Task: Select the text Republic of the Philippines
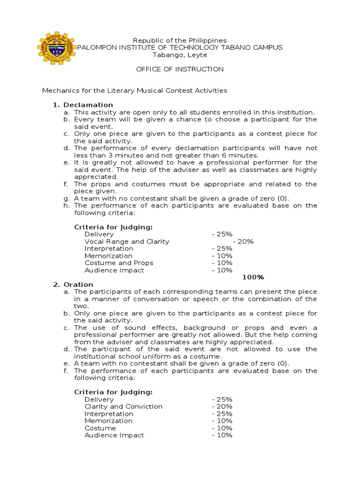[180, 41]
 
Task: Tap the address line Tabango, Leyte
[180, 55]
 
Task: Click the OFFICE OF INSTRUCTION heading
[180, 69]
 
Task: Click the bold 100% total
[253, 277]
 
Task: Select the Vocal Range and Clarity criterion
[127, 241]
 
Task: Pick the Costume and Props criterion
[119, 263]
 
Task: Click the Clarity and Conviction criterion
[123, 406]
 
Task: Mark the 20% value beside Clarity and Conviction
[222, 406]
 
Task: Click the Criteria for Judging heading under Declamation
[113, 227]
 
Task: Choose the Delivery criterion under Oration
[99, 399]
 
